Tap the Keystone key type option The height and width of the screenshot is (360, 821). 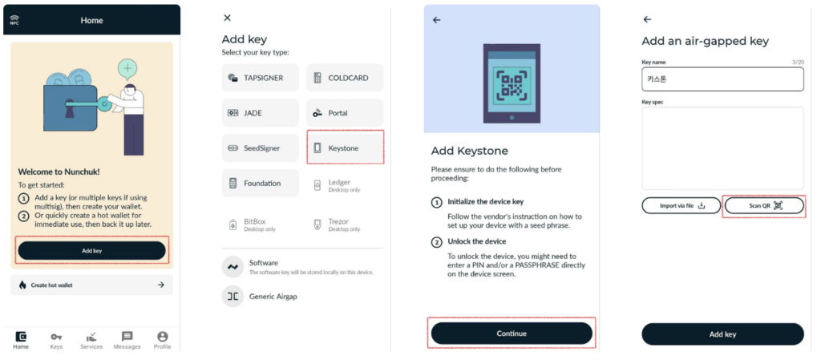[x=345, y=148]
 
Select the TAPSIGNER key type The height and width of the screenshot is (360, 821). [x=261, y=78]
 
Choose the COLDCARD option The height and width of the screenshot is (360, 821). [x=345, y=78]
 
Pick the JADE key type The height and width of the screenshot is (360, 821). [x=261, y=113]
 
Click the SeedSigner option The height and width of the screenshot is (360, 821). [x=261, y=148]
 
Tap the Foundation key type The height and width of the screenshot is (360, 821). [x=261, y=183]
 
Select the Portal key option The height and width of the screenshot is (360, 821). [x=345, y=113]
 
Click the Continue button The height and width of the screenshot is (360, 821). [x=512, y=334]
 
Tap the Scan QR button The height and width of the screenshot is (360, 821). [x=764, y=205]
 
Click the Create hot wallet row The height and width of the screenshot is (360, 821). [x=91, y=285]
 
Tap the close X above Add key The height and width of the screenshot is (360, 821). [x=227, y=18]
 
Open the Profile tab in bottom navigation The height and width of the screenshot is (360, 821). [x=162, y=340]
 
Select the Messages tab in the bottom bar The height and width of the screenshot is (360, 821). [x=127, y=340]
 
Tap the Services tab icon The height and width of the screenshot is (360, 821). [x=91, y=337]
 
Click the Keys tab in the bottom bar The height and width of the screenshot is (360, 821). [x=56, y=340]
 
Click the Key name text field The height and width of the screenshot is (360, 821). [x=722, y=79]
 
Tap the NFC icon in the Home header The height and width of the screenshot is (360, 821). [x=14, y=20]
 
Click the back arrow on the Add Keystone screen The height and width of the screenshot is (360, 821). [x=437, y=20]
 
